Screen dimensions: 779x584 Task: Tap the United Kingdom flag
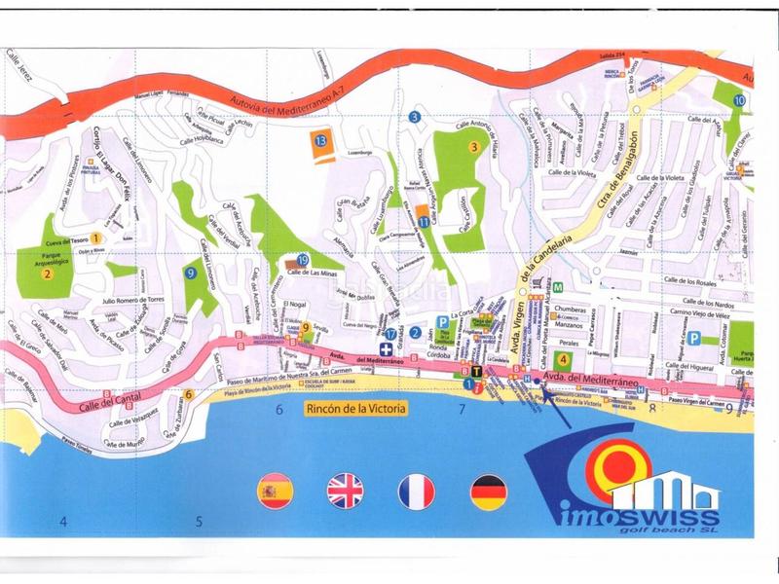345,492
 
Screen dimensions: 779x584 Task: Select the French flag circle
416,492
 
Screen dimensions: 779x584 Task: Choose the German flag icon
488,492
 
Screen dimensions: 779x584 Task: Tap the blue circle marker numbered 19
303,260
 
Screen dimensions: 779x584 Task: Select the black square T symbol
476,371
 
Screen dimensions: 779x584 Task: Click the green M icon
559,289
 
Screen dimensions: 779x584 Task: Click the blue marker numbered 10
740,100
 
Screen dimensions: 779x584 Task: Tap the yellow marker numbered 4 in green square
563,356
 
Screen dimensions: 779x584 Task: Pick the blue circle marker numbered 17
390,334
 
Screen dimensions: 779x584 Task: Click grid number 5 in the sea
200,521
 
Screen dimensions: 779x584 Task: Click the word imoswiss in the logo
644,516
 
